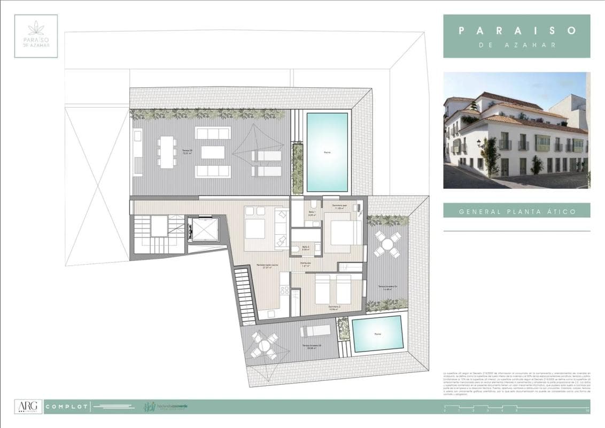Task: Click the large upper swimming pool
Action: click(x=327, y=152)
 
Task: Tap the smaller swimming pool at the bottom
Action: click(x=377, y=333)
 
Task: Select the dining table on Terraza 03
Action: click(x=167, y=152)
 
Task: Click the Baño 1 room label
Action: click(x=312, y=213)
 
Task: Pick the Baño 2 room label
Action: click(x=306, y=249)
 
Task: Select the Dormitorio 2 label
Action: click(x=336, y=308)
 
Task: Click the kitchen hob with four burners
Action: click(x=285, y=291)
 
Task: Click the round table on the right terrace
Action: click(x=387, y=244)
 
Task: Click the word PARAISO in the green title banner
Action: click(x=517, y=30)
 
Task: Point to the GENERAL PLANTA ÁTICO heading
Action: click(x=517, y=211)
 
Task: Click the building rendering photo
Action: click(x=516, y=130)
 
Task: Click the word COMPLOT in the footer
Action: click(x=67, y=407)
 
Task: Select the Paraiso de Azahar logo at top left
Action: click(x=36, y=36)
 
